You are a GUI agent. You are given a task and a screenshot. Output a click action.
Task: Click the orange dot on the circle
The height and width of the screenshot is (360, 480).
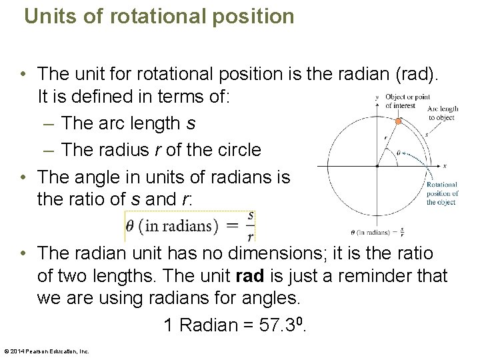398,121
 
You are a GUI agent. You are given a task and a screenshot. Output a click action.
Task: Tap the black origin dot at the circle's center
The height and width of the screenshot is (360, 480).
378,165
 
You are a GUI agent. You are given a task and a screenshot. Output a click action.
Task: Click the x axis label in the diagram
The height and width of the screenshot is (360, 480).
444,165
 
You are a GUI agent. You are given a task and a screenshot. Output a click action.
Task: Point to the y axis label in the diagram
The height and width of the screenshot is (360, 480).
377,97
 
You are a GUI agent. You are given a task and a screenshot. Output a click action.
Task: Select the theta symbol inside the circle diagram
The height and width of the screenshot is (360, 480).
399,153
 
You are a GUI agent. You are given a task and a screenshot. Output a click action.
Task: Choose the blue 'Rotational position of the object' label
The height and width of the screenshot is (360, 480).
441,193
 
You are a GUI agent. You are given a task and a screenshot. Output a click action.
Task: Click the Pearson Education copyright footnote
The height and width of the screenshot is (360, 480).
46,351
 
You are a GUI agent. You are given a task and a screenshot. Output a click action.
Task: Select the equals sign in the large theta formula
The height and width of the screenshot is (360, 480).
232,225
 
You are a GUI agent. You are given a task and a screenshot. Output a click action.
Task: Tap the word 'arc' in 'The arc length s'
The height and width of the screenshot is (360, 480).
109,123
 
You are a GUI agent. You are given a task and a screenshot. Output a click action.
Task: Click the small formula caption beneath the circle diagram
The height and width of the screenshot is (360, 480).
377,232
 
